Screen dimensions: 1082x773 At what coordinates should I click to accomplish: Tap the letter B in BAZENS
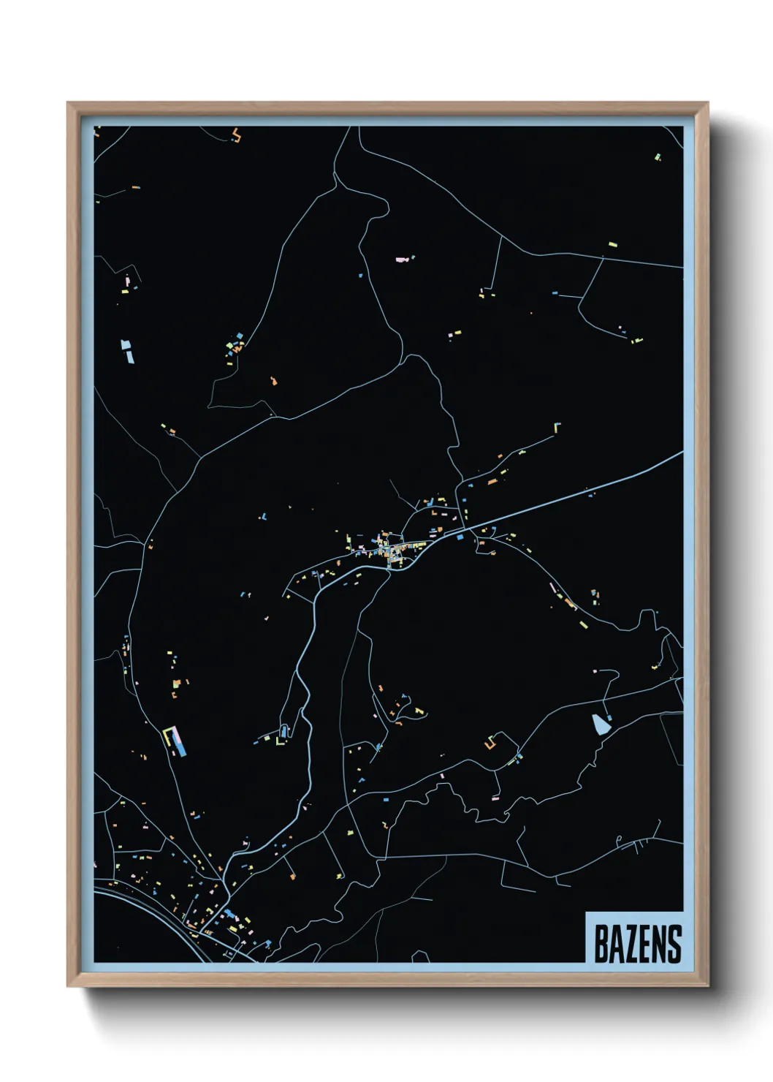click(601, 944)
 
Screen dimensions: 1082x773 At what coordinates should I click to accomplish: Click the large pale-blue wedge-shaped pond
click(601, 724)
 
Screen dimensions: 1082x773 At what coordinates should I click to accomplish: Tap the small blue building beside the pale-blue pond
click(610, 718)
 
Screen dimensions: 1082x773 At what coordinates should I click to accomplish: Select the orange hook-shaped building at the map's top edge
click(236, 135)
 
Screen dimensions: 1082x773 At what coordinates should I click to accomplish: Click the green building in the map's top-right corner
click(657, 156)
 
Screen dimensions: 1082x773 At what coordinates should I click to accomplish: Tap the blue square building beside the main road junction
click(460, 537)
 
